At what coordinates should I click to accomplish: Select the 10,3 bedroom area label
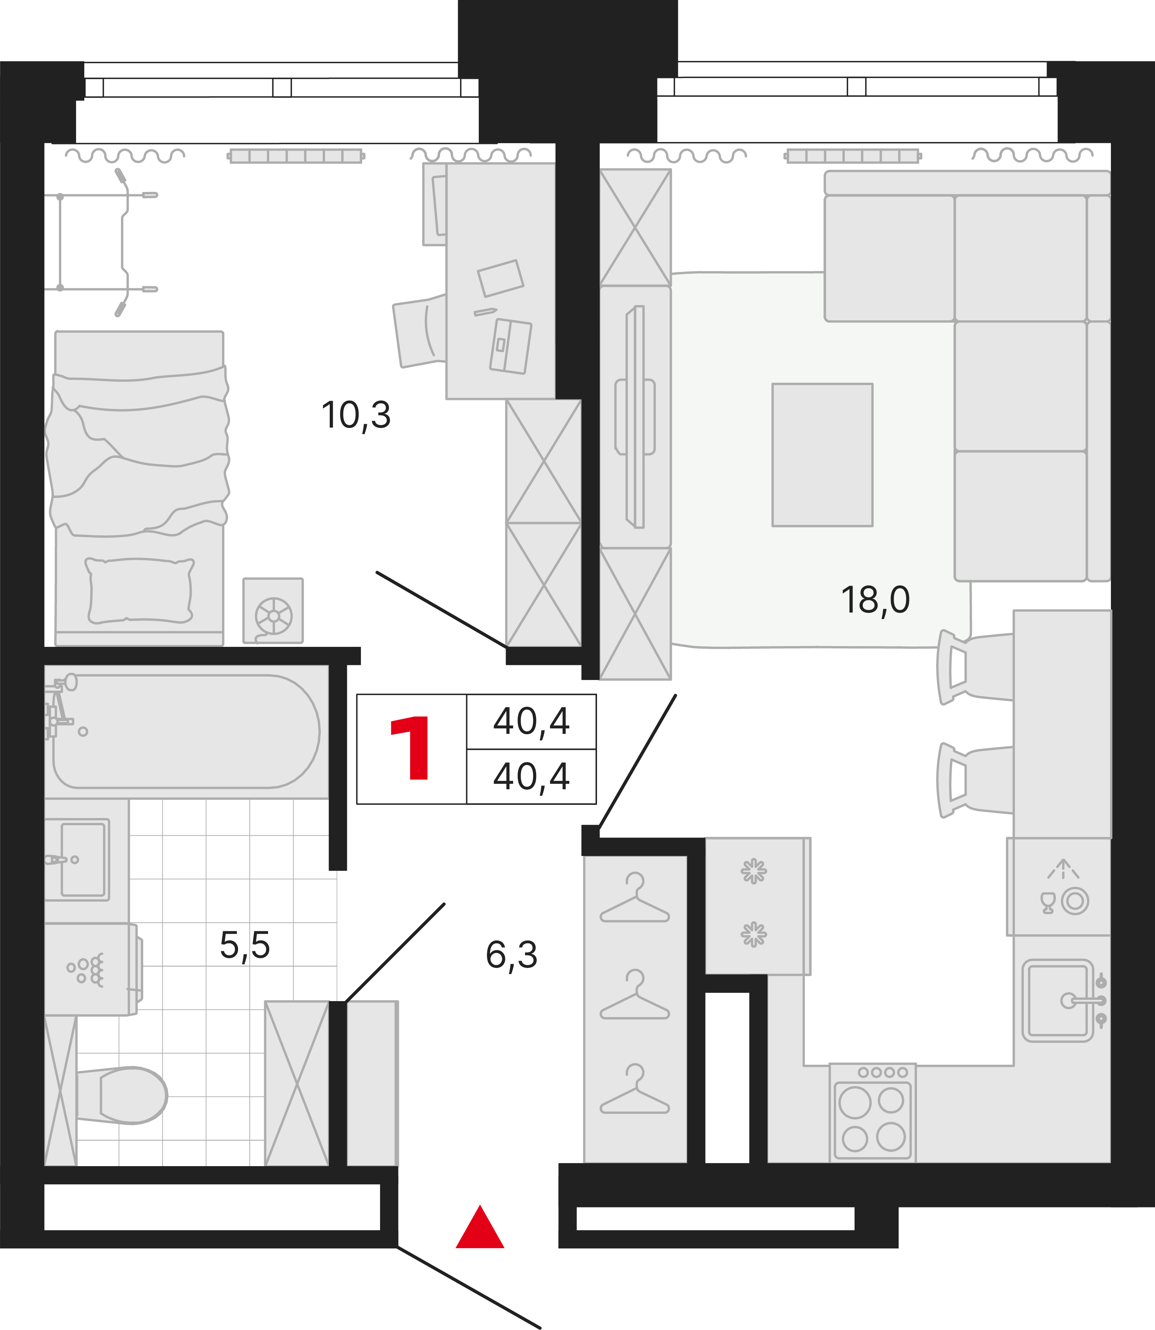(356, 416)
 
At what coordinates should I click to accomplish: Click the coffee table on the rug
(823, 455)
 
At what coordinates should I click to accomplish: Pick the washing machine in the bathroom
(92, 969)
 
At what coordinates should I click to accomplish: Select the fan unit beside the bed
(273, 610)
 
